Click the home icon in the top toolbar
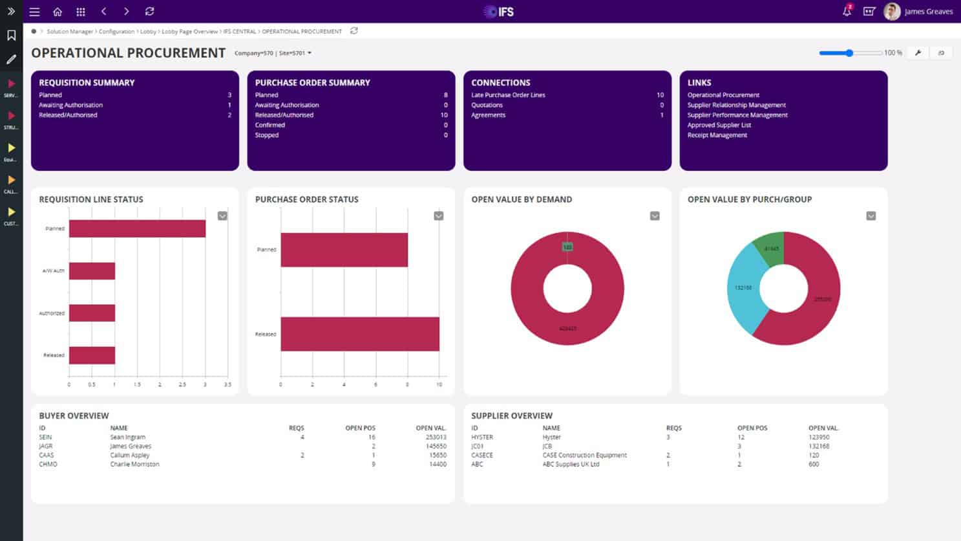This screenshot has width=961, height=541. pyautogui.click(x=58, y=12)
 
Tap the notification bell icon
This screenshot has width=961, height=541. pyautogui.click(x=847, y=12)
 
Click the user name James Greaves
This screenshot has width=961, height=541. pyautogui.click(x=928, y=12)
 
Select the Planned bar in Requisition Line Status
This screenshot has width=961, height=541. pyautogui.click(x=137, y=228)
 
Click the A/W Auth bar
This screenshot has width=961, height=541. pyautogui.click(x=92, y=270)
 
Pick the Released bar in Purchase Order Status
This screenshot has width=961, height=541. pyautogui.click(x=359, y=334)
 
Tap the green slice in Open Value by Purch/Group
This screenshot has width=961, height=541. pyautogui.click(x=771, y=248)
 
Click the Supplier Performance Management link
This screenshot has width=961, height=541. pyautogui.click(x=737, y=115)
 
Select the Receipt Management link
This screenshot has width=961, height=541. pyautogui.click(x=717, y=135)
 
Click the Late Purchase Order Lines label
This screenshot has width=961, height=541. pyautogui.click(x=508, y=95)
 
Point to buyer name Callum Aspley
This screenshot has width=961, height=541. pyautogui.click(x=130, y=456)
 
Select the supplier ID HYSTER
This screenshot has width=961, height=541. pyautogui.click(x=482, y=437)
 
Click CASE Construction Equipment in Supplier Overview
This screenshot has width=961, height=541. pyautogui.click(x=584, y=456)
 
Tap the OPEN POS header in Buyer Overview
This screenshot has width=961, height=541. pyautogui.click(x=360, y=428)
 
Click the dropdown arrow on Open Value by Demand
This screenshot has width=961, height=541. pyautogui.click(x=655, y=216)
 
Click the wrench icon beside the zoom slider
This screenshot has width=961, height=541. pyautogui.click(x=918, y=53)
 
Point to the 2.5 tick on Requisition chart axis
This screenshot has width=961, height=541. pyautogui.click(x=182, y=384)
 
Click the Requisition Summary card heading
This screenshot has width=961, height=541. pyautogui.click(x=87, y=83)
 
